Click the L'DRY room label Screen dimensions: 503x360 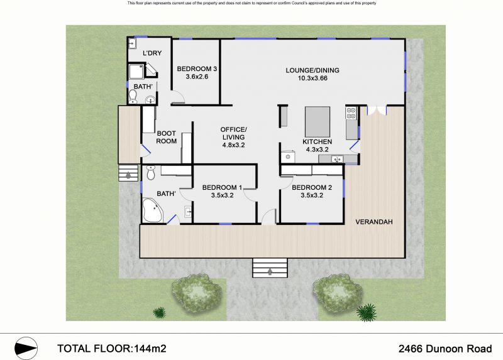click(152, 53)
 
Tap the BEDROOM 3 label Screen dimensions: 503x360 click(197, 68)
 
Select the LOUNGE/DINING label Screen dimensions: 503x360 click(312, 70)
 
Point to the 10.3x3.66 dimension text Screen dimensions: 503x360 click(312, 78)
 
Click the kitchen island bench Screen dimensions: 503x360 click(318, 122)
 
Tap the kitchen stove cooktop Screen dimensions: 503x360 click(351, 112)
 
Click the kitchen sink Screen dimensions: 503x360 click(337, 159)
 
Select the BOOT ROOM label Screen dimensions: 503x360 click(166, 137)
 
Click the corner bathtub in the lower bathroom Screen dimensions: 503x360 click(152, 210)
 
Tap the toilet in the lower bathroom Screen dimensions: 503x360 click(150, 173)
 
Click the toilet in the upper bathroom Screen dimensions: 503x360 click(133, 96)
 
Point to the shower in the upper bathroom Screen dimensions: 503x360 click(136, 72)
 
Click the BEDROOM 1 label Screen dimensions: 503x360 click(222, 187)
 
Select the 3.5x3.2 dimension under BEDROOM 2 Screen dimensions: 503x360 click(312, 195)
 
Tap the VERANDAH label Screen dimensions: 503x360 click(374, 222)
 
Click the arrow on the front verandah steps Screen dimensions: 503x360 click(270, 271)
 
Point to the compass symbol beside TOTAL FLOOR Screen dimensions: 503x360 click(26, 348)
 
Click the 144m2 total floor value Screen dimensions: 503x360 click(150, 349)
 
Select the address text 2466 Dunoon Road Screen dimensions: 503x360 click(445, 349)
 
